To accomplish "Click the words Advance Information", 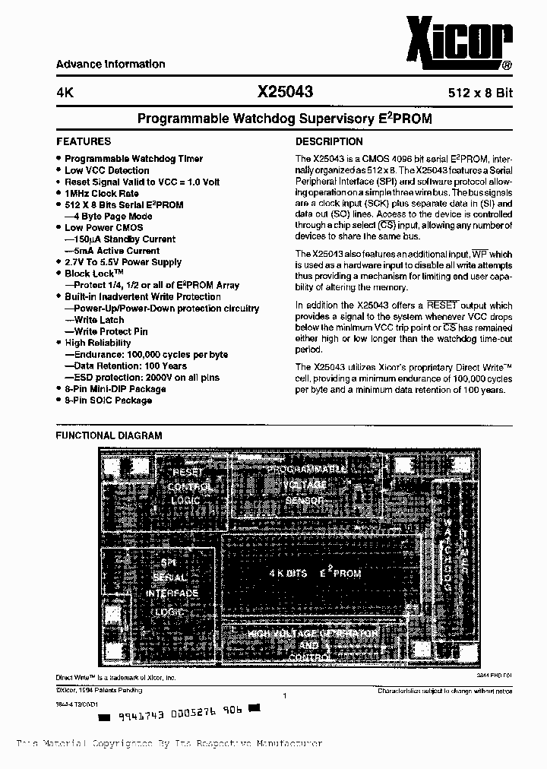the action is coord(110,65).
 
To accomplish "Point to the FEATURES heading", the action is coord(84,141).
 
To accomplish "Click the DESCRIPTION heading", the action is coord(329,141).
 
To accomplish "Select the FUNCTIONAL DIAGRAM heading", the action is coord(109,435).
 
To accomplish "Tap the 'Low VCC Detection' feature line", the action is coord(106,170).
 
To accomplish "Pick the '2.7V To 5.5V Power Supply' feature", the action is coord(123,262).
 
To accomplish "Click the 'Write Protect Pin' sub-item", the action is coord(111,331).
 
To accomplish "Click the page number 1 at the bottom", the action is coord(283,696).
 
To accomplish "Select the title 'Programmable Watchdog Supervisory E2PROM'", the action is coord(284,119).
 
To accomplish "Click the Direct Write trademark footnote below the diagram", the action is coord(115,676).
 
